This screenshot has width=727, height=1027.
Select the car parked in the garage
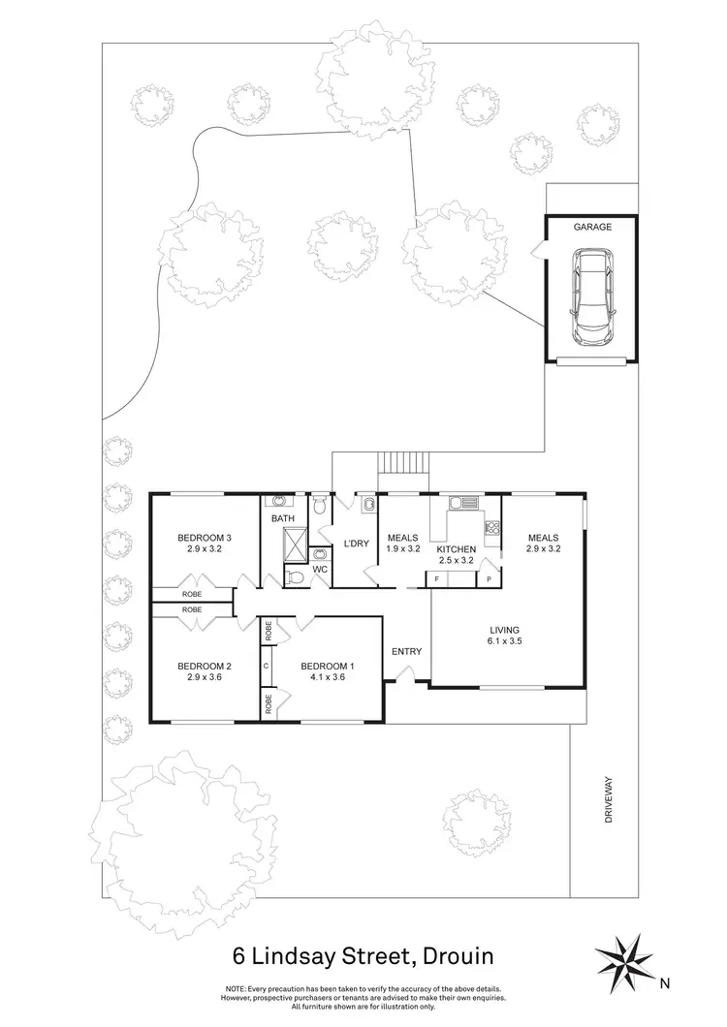click(590, 296)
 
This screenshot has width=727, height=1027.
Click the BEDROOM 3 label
click(205, 539)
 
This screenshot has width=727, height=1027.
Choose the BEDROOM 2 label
click(205, 666)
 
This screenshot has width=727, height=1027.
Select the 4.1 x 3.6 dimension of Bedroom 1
click(327, 678)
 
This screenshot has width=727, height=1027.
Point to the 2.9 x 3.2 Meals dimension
click(543, 549)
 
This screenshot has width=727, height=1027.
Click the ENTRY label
click(406, 651)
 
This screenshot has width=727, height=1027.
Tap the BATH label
click(282, 518)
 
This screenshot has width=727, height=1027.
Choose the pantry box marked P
click(488, 578)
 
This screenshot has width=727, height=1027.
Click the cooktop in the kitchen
click(490, 529)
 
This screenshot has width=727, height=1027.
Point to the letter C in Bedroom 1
click(266, 666)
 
